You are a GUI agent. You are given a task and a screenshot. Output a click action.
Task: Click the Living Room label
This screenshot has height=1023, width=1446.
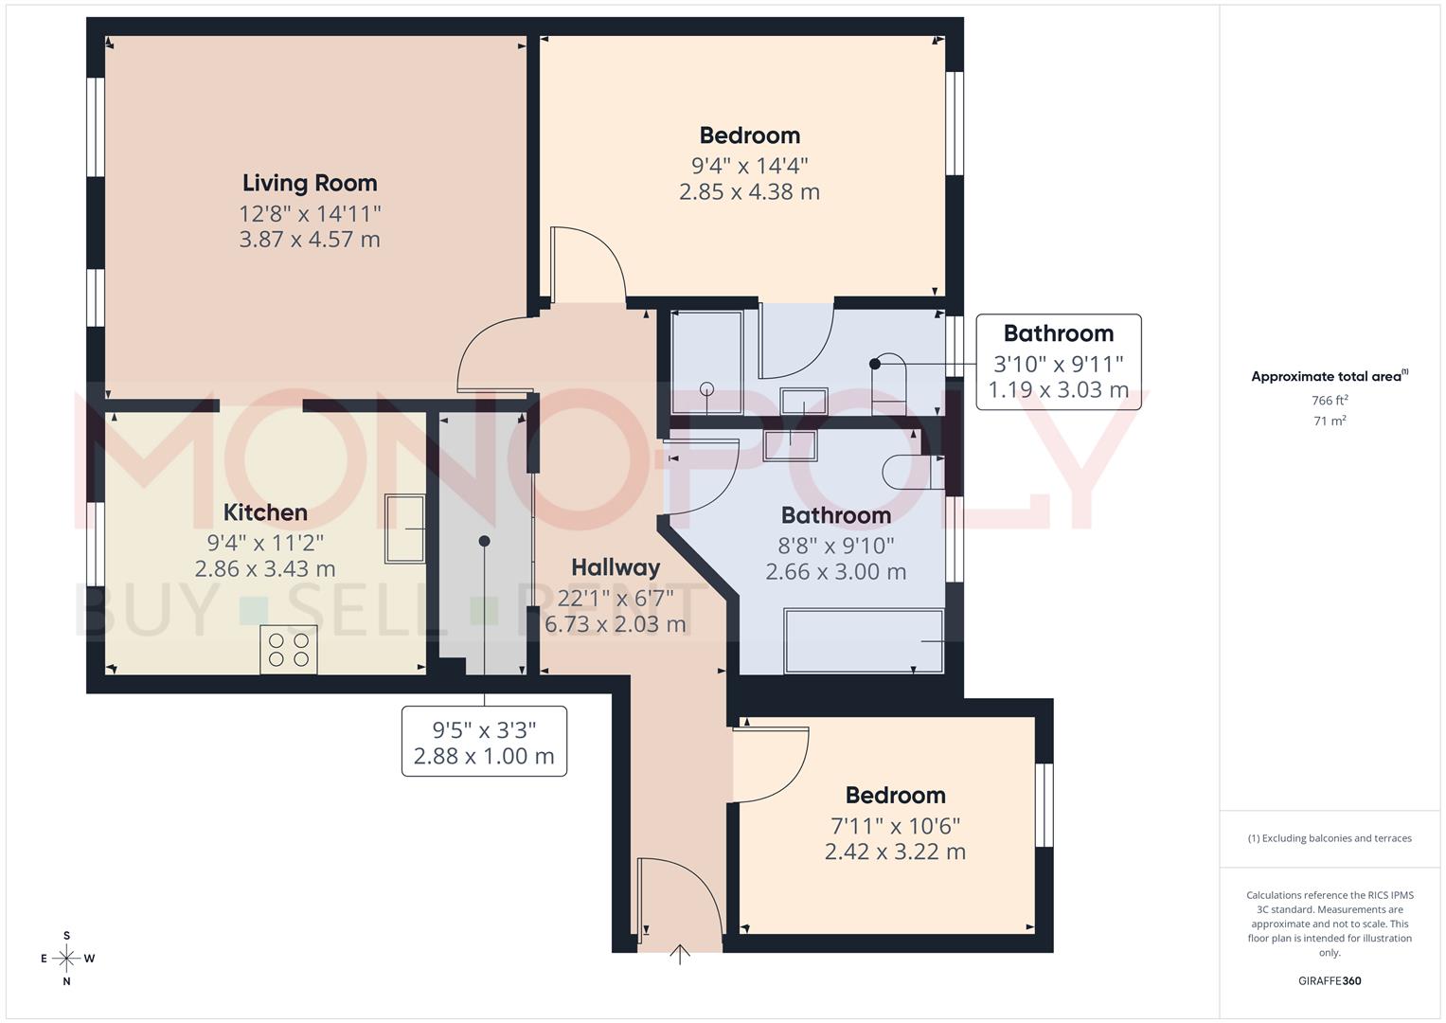(310, 183)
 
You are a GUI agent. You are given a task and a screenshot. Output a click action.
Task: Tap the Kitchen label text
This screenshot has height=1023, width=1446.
(265, 512)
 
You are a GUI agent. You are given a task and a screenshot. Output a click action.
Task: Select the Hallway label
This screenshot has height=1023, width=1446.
(616, 567)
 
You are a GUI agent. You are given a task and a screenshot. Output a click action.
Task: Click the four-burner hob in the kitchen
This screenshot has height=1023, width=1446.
(289, 650)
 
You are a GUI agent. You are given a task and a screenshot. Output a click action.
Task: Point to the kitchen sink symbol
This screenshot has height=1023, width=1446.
(404, 529)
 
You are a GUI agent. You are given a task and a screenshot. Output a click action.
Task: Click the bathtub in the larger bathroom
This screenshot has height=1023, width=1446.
(864, 642)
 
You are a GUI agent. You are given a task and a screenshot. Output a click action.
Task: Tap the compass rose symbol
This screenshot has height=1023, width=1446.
(66, 959)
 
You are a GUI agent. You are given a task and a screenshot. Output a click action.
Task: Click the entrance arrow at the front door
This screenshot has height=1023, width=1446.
(680, 954)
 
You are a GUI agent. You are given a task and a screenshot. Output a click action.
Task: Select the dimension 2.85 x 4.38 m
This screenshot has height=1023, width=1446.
(749, 192)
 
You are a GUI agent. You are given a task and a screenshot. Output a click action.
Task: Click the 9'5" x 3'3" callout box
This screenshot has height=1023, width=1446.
(484, 742)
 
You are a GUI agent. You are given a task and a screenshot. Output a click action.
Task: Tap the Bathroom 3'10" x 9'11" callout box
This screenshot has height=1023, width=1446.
(1058, 362)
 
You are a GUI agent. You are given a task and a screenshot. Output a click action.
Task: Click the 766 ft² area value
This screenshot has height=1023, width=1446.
(1330, 401)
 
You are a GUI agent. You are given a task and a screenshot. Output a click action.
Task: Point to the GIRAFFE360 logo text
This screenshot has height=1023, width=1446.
(1330, 980)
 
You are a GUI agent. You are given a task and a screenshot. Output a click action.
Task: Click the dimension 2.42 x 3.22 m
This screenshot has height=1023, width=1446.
(895, 852)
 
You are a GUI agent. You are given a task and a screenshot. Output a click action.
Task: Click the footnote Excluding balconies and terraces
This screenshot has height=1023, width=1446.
(1330, 838)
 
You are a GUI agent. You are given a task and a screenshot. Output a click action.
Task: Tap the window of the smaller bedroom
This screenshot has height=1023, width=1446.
(1044, 804)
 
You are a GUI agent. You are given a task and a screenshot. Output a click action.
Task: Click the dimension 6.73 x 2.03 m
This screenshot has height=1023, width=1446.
(616, 624)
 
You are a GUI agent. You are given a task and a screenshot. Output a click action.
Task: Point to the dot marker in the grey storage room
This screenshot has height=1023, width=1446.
(484, 541)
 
